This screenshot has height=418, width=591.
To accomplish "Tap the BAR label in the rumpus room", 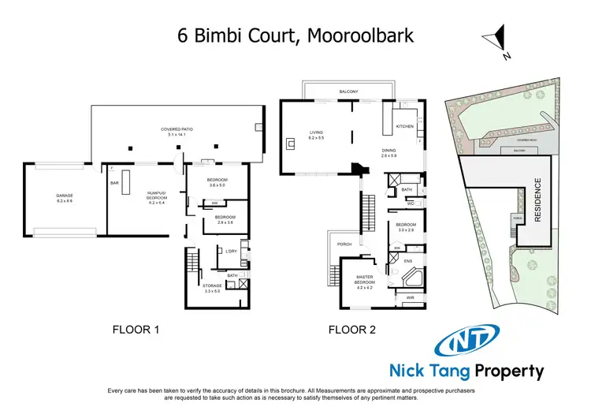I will (113, 183).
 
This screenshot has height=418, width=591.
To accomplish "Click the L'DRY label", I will (231, 251).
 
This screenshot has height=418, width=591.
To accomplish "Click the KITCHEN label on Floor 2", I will (404, 126).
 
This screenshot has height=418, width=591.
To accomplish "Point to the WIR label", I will (409, 298).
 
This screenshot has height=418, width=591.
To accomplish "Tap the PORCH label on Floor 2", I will (344, 244).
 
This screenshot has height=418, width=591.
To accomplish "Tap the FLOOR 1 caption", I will (136, 330).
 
